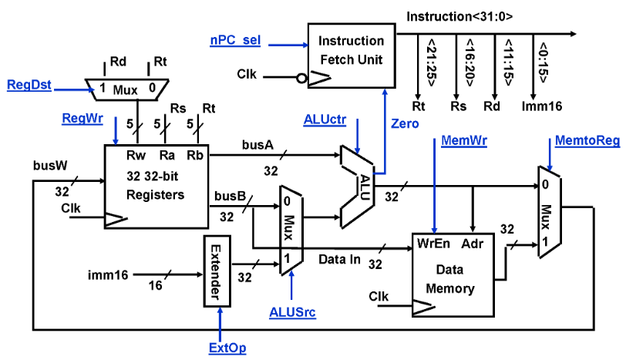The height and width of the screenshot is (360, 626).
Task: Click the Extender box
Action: [x=216, y=274]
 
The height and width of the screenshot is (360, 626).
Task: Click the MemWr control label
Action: [x=460, y=141]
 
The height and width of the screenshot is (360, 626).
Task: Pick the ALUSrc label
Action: [x=292, y=311]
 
